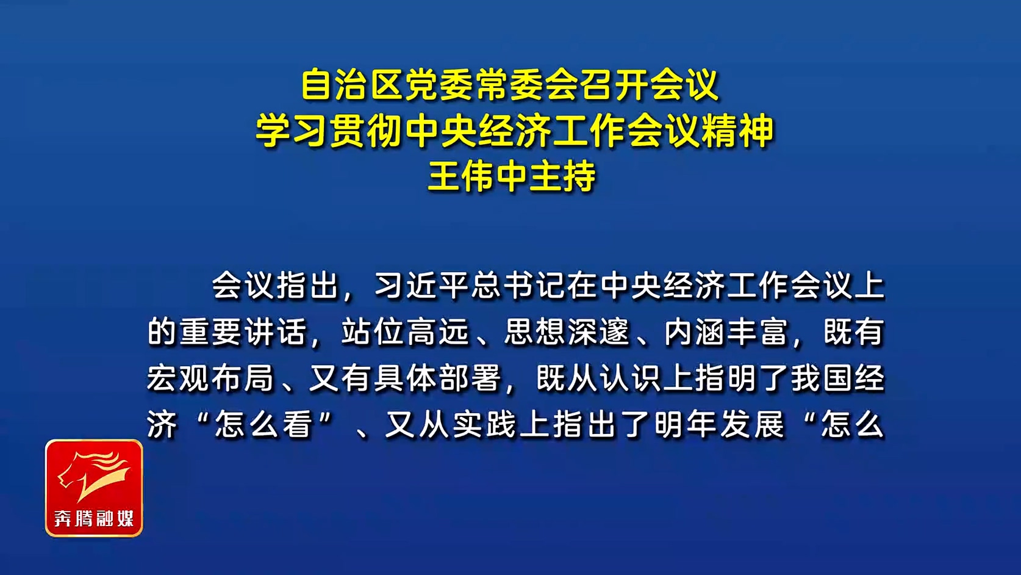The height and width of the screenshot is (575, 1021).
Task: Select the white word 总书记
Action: [x=518, y=286]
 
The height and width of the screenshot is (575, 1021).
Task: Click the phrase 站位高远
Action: [x=406, y=332]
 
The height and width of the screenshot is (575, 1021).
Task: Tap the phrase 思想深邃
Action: [x=567, y=332]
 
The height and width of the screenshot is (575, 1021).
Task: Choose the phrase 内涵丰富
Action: [x=726, y=332]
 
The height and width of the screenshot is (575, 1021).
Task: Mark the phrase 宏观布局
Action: [x=210, y=378]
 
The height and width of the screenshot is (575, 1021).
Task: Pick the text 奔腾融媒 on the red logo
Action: [x=94, y=518]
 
